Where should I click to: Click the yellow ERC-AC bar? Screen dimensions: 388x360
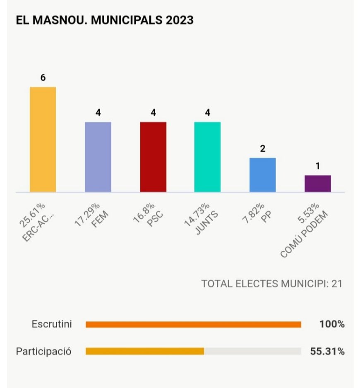click(x=43, y=139)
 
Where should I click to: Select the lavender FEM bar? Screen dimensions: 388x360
click(x=98, y=157)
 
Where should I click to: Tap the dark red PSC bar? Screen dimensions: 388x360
click(x=153, y=157)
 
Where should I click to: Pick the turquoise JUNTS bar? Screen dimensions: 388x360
click(x=207, y=157)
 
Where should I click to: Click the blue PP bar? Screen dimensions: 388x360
click(x=262, y=175)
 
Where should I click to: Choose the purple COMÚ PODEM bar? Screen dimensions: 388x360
click(x=317, y=183)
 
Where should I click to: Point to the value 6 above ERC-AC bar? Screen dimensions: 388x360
click(x=43, y=78)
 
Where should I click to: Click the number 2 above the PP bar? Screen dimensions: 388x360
click(x=262, y=148)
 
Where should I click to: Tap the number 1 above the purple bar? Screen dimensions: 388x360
click(x=317, y=166)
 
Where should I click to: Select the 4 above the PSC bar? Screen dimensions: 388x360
click(x=153, y=113)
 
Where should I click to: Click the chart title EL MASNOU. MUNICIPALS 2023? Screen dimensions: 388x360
click(x=104, y=20)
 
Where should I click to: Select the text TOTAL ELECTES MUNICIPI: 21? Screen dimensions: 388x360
click(x=272, y=284)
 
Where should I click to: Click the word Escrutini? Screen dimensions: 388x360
click(x=52, y=324)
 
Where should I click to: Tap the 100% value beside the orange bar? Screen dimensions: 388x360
click(x=331, y=324)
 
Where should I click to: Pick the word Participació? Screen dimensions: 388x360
click(x=43, y=352)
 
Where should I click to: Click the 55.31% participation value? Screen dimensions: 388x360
click(x=327, y=352)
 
